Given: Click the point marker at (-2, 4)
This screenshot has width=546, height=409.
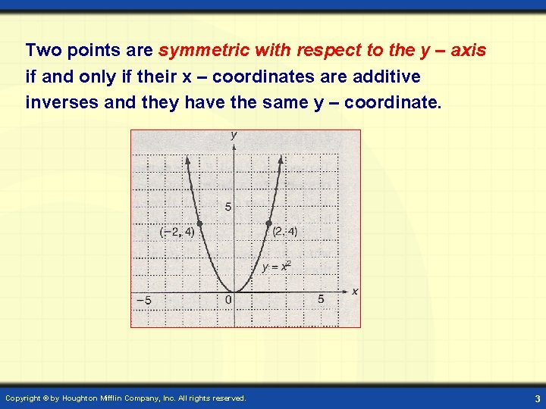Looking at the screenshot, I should [x=199, y=223].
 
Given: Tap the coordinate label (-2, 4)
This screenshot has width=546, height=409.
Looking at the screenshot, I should [x=177, y=233].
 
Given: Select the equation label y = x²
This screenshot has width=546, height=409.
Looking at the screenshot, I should [x=276, y=267].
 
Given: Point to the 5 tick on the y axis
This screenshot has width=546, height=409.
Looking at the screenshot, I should [x=227, y=207].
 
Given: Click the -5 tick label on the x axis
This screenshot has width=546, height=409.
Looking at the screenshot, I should [x=143, y=301].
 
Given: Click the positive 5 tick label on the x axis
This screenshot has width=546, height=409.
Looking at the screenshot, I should [x=321, y=300].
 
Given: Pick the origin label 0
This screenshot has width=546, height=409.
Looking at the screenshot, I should [x=228, y=301].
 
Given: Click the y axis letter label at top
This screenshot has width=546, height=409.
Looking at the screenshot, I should [x=234, y=135].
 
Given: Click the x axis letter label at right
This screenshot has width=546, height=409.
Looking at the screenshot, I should [x=354, y=292].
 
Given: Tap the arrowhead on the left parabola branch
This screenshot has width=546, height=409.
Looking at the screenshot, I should [x=187, y=160].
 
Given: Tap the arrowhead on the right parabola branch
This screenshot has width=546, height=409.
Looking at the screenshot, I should [x=281, y=160].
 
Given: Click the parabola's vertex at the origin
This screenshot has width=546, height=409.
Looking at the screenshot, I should [x=234, y=292].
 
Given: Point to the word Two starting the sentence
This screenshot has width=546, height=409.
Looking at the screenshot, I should [x=42, y=52].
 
